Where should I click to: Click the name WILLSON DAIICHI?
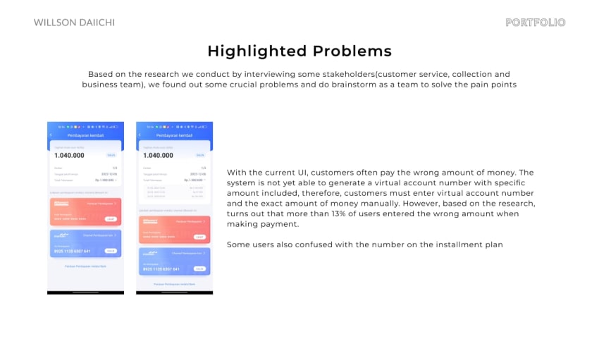point(74,23)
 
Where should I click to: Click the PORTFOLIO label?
point(536,23)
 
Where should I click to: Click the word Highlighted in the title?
point(257,51)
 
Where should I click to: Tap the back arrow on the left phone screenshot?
point(51,135)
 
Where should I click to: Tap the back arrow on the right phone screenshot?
point(140,135)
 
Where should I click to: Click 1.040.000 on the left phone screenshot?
point(69,155)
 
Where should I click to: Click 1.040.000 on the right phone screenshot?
point(158,155)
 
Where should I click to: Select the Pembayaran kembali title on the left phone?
point(85,135)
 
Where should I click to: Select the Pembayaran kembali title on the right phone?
point(174,135)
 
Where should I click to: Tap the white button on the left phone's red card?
point(111,219)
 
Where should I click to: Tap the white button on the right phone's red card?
point(199,237)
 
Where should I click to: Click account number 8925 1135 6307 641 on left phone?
point(72,252)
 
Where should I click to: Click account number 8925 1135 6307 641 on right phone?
point(161,269)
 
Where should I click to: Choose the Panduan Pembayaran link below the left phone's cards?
point(85,266)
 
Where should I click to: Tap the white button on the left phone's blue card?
point(111,251)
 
